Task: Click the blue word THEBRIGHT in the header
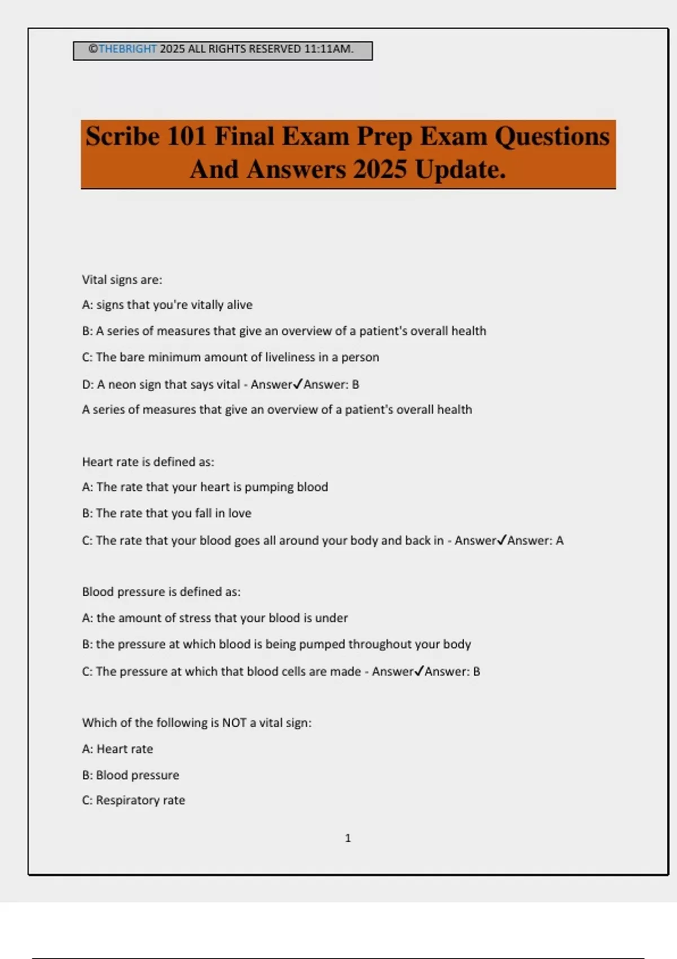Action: click(x=128, y=49)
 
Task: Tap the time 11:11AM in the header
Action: click(x=329, y=49)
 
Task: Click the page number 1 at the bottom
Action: click(x=348, y=838)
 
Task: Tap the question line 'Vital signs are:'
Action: click(x=122, y=280)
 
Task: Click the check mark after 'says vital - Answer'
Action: click(x=298, y=384)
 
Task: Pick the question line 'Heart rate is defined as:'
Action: click(x=148, y=462)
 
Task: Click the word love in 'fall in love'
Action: click(x=240, y=513)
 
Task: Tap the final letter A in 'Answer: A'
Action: click(x=560, y=540)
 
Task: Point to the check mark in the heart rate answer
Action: click(x=502, y=540)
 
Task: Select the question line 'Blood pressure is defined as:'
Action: click(x=161, y=592)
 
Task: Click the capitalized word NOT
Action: click(x=234, y=723)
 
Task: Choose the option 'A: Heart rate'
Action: click(x=117, y=749)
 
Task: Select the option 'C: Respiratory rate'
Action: click(x=133, y=800)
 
